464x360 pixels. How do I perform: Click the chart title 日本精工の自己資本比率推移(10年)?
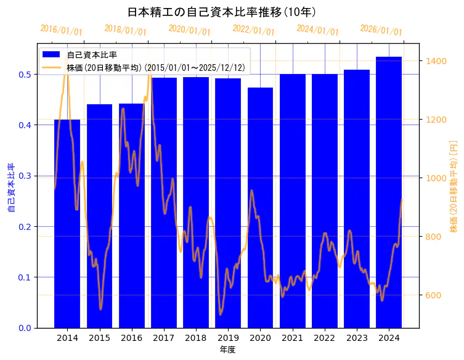point(222,12)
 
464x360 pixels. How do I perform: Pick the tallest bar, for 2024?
point(389,192)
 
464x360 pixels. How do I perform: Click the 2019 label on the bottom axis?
point(228,338)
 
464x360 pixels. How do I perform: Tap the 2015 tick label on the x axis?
point(99,338)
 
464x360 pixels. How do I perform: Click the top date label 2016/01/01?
point(61,30)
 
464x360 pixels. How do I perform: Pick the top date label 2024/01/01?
point(317,30)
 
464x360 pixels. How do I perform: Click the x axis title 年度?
point(227,350)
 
